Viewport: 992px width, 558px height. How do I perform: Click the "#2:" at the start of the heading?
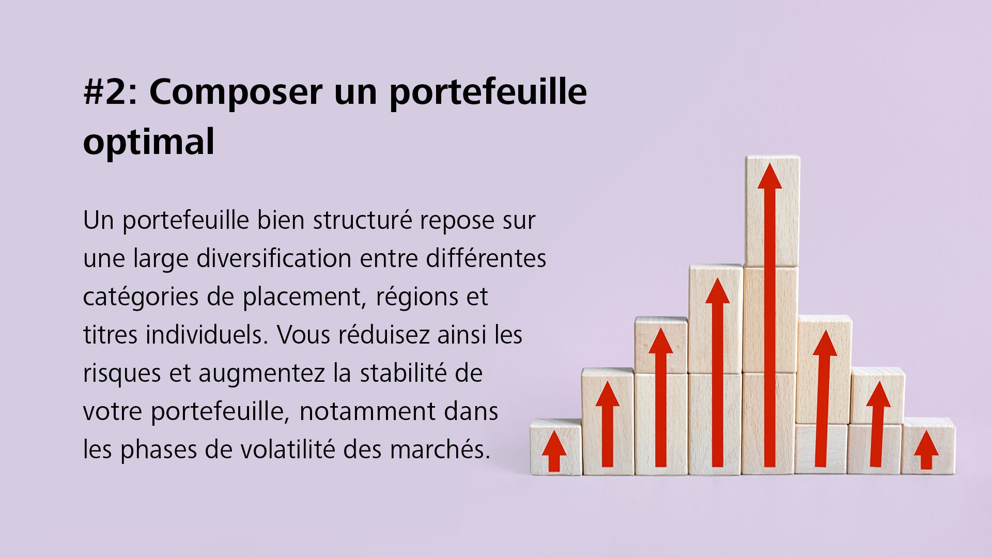click(110, 91)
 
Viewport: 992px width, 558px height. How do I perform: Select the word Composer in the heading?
click(236, 91)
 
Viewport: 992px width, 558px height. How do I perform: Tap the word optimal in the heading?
click(149, 142)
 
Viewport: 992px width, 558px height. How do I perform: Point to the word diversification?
click(274, 258)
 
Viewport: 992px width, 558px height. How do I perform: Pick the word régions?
click(417, 297)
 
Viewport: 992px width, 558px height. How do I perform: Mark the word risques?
click(122, 373)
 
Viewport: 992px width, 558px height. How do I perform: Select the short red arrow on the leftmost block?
click(554, 450)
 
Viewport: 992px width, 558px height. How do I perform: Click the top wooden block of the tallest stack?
click(772, 212)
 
